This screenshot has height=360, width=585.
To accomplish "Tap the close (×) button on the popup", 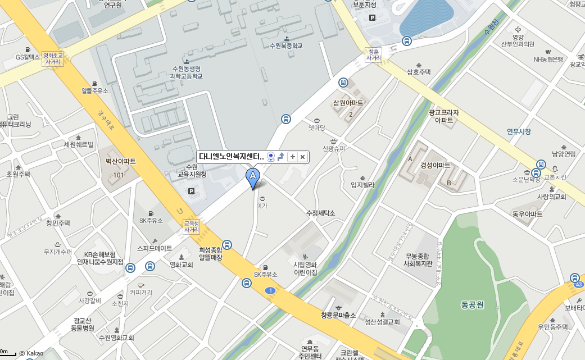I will pyautogui.click(x=302, y=157).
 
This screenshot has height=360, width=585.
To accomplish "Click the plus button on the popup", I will pyautogui.click(x=292, y=157).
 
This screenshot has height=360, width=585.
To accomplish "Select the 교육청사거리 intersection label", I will pyautogui.click(x=192, y=226).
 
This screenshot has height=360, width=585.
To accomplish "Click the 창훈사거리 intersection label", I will pyautogui.click(x=374, y=54).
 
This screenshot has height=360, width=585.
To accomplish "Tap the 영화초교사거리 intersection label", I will pyautogui.click(x=53, y=59).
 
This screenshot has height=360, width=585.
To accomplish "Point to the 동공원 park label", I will pyautogui.click(x=472, y=305).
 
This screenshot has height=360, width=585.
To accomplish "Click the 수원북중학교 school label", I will pyautogui.click(x=286, y=45).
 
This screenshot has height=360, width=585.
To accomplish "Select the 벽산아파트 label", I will pyautogui.click(x=121, y=161).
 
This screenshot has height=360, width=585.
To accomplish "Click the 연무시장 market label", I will pyautogui.click(x=519, y=131).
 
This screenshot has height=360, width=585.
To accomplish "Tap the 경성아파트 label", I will pyautogui.click(x=436, y=165).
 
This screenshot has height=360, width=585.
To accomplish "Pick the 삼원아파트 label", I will pyautogui.click(x=348, y=103).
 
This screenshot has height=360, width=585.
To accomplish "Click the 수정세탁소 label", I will pyautogui.click(x=320, y=213).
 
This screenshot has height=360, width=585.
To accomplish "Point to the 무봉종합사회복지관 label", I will pyautogui.click(x=418, y=259).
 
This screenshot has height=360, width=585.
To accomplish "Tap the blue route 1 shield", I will pyautogui.click(x=271, y=290).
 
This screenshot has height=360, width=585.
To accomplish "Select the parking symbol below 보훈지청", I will pyautogui.click(x=372, y=18).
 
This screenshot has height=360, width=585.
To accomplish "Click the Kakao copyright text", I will pyautogui.click(x=31, y=353).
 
